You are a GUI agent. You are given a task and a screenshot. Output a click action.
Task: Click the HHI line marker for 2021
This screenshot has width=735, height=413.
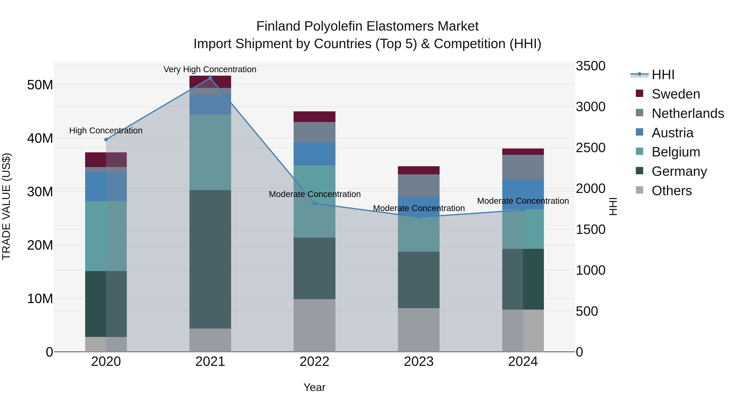pyautogui.click(x=210, y=78)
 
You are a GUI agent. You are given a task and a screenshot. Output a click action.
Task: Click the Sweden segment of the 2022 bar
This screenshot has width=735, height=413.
pyautogui.click(x=314, y=117)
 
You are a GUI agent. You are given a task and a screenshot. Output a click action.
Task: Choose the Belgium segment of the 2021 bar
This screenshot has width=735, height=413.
pyautogui.click(x=210, y=152)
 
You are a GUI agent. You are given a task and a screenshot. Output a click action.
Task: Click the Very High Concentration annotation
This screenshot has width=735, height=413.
pyautogui.click(x=210, y=69)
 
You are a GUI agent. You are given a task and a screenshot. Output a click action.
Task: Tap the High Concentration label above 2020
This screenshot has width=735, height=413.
pyautogui.click(x=106, y=131)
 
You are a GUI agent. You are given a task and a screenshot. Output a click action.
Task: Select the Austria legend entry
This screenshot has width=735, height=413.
pyautogui.click(x=672, y=133)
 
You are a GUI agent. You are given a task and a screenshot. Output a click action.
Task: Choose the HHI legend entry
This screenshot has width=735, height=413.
pyautogui.click(x=663, y=75)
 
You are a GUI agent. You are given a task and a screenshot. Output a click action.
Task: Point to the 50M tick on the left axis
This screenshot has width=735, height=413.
pyautogui.click(x=40, y=85)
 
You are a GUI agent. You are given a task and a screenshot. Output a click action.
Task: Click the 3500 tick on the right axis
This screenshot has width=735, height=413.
pyautogui.click(x=590, y=66)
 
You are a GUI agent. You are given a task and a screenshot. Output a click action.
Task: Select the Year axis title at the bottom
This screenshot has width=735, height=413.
pyautogui.click(x=314, y=387)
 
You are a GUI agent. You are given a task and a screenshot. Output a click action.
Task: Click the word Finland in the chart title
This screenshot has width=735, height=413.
pyautogui.click(x=278, y=26)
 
